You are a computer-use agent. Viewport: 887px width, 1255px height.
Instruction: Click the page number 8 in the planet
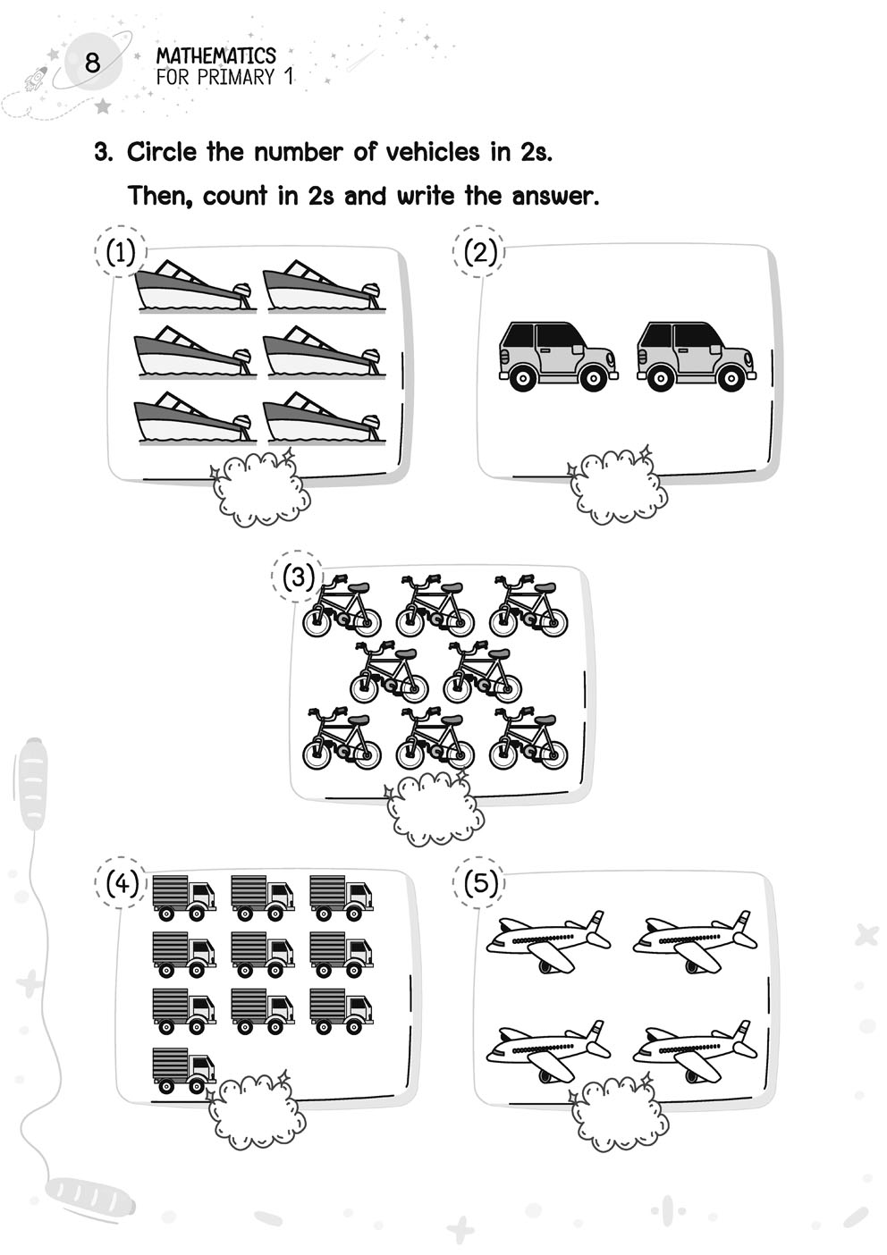(x=92, y=63)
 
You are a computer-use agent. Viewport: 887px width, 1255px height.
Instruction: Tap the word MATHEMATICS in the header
(x=215, y=56)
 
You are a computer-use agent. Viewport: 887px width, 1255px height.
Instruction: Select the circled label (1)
(x=120, y=253)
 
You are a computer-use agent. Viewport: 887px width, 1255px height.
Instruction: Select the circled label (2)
(x=480, y=252)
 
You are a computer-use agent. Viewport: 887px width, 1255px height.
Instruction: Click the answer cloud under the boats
(x=259, y=491)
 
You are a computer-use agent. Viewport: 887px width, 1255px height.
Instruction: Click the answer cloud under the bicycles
(x=435, y=807)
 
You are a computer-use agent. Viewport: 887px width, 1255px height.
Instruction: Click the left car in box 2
(x=556, y=355)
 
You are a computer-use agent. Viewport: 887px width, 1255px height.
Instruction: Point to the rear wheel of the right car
(x=660, y=378)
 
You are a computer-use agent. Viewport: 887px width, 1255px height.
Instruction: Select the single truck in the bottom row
(x=183, y=1070)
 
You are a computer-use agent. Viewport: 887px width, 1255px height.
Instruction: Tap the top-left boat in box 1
(x=193, y=286)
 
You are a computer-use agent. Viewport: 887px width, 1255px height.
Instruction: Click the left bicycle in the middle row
(x=388, y=674)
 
